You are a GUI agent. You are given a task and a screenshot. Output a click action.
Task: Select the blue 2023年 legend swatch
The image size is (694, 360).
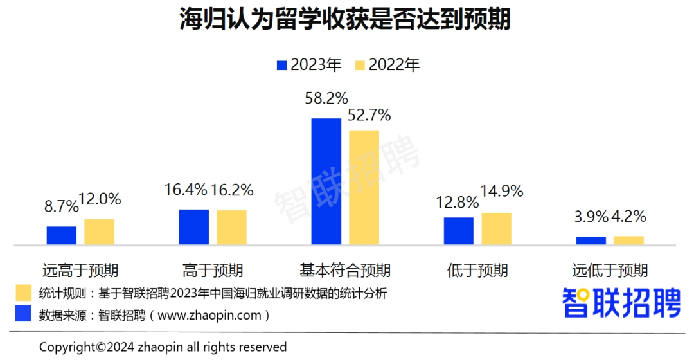tap(281, 65)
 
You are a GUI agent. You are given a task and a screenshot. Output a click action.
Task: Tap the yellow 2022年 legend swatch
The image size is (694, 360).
tap(360, 65)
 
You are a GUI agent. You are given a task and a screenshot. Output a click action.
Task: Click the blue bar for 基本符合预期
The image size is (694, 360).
tap(326, 181)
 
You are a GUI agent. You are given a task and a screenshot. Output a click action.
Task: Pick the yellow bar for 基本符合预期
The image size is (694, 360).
tap(364, 187)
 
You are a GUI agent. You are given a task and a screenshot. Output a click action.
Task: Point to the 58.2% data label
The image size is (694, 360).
tap(326, 99)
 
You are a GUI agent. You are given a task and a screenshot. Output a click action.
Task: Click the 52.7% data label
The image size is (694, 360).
tap(369, 116)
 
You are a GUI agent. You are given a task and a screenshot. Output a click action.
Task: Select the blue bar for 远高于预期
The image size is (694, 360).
tap(62, 235)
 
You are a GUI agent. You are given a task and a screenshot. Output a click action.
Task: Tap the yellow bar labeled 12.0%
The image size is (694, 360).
tap(99, 231)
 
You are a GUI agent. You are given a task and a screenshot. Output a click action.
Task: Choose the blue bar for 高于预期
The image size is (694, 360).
tap(193, 227)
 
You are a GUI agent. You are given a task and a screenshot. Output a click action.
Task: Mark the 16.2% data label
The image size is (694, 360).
tap(233, 190)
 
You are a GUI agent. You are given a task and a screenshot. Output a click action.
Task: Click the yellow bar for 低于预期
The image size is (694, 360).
tap(496, 228)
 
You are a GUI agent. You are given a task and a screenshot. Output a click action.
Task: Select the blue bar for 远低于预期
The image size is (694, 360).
tap(591, 240)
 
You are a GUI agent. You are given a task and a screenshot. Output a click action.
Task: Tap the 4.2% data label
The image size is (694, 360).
tap(629, 217)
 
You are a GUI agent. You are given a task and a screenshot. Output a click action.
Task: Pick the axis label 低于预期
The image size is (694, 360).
tap(477, 270)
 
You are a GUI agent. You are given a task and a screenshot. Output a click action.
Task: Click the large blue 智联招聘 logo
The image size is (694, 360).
tap(621, 302)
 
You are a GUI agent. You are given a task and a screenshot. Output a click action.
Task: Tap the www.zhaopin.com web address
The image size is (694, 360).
tap(209, 315)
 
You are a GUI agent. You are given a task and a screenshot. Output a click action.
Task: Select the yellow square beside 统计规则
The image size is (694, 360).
tap(24, 293)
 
